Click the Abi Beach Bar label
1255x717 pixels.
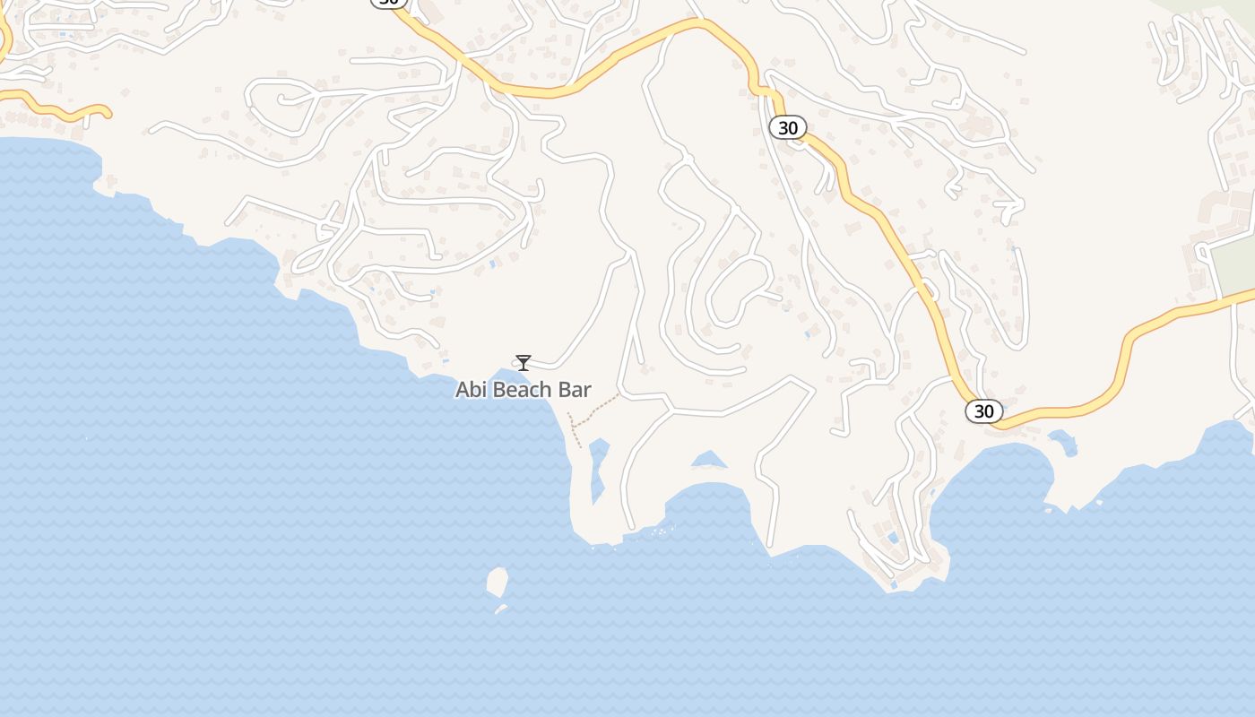[x=524, y=390]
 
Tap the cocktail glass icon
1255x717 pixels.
[x=524, y=362]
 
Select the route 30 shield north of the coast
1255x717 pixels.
[x=787, y=128]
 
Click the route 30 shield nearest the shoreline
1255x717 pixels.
[x=983, y=411]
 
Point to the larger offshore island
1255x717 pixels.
[x=498, y=581]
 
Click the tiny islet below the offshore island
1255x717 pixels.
[x=501, y=609]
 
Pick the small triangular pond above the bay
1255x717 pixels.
[x=709, y=460]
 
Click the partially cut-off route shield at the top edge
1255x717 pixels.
[x=388, y=3]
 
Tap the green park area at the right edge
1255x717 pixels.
[x=1233, y=264]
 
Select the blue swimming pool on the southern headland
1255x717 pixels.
[x=892, y=539]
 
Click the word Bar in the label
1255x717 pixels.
[x=576, y=390]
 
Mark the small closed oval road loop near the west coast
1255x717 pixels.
[x=308, y=257]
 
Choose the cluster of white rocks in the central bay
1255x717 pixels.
[x=662, y=531]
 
